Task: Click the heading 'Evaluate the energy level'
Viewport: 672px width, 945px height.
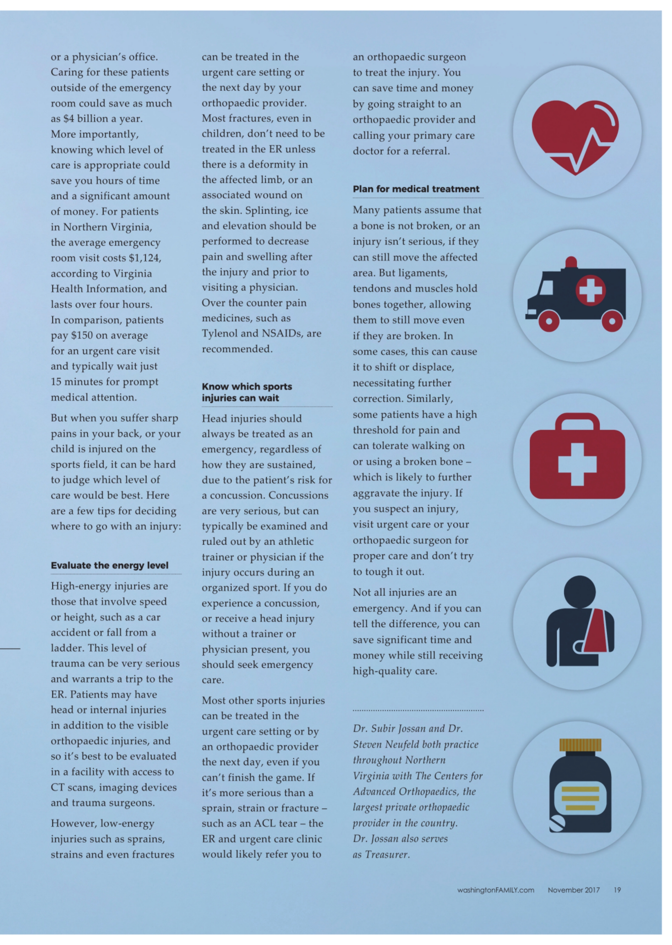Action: pos(110,565)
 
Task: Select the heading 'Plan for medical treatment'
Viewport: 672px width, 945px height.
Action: pos(416,189)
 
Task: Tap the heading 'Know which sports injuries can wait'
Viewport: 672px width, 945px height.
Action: pos(247,392)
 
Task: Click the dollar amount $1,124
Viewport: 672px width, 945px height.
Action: pos(144,258)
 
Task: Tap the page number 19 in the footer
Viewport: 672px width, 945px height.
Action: pos(617,890)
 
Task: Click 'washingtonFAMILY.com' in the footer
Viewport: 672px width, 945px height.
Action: pos(495,890)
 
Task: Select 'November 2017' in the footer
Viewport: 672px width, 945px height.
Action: pos(574,890)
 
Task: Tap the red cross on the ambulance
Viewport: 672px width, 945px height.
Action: pos(590,289)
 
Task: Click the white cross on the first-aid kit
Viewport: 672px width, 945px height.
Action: pos(577,464)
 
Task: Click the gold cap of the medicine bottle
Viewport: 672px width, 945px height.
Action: pos(580,745)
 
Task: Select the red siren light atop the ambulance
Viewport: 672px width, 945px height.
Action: pos(571,262)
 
